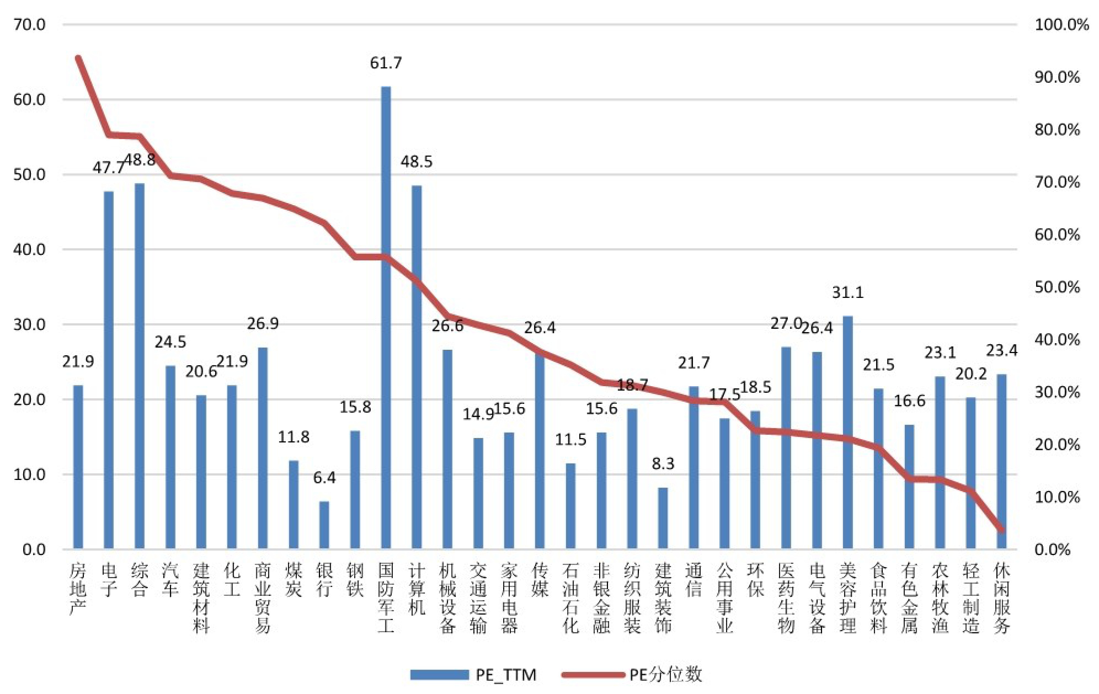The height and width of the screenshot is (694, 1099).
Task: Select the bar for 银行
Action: point(324,525)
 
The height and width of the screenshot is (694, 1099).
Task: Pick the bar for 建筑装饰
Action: point(663,518)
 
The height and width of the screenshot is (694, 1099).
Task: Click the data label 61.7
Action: point(386,63)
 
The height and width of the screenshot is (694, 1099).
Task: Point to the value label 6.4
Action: point(324,478)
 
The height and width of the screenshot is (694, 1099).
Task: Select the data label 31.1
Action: point(847,292)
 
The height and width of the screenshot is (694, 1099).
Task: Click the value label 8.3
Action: point(663,463)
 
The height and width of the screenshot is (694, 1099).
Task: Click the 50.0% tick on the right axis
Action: point(1057,287)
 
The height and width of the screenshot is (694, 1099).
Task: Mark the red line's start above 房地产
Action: point(78,58)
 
